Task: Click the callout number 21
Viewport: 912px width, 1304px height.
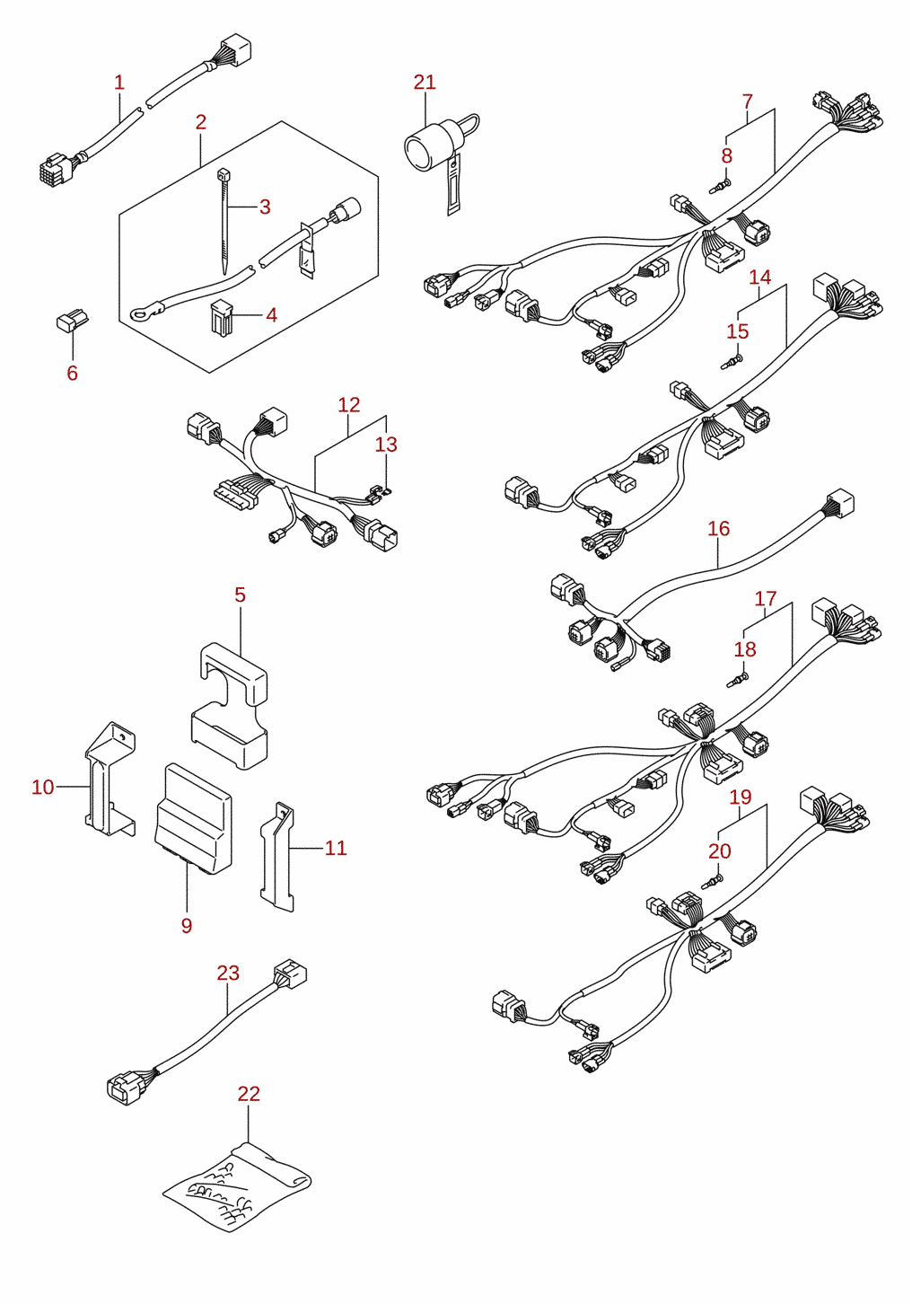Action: coord(425,82)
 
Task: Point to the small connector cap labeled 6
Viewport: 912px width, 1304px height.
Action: coord(72,322)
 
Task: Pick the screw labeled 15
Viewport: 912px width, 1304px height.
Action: coord(732,362)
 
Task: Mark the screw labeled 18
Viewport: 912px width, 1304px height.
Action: coord(738,679)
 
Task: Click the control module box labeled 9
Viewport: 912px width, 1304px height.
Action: coord(193,818)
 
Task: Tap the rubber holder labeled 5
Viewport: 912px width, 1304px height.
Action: coord(229,706)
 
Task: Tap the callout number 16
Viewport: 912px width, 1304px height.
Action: coord(718,529)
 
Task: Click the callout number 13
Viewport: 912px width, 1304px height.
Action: coord(385,445)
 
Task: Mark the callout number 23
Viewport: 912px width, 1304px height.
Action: coord(228,973)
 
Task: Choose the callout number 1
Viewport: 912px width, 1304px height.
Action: coord(119,82)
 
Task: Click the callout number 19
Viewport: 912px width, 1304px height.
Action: coord(741,797)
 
